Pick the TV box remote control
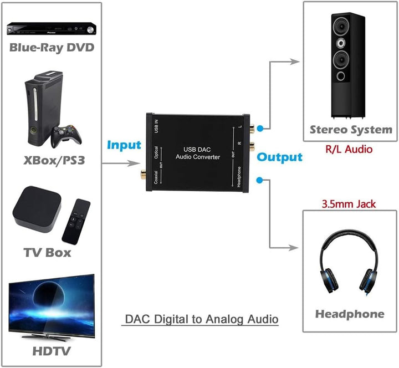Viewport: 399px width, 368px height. (74, 221)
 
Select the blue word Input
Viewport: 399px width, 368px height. (124, 145)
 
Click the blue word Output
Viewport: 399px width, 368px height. (279, 157)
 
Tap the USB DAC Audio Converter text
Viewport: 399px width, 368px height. (198, 153)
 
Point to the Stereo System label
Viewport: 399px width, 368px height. (350, 130)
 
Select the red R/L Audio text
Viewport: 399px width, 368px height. (349, 149)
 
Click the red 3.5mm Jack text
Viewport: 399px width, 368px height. (349, 204)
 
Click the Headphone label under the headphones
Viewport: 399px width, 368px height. (350, 314)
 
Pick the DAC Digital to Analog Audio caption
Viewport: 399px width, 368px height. (200, 319)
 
